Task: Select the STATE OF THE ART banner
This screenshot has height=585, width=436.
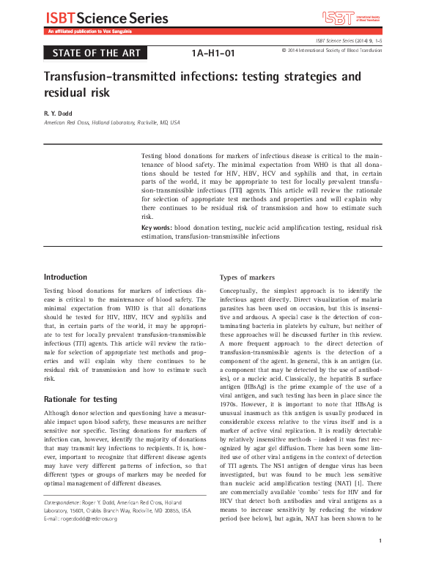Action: pyautogui.click(x=96, y=53)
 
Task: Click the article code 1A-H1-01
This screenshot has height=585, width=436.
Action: pyautogui.click(x=213, y=53)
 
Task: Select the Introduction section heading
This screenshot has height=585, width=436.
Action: pyautogui.click(x=65, y=277)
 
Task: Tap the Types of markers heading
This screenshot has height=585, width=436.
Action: pyautogui.click(x=249, y=277)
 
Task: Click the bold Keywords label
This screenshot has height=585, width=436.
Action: pyautogui.click(x=157, y=228)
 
